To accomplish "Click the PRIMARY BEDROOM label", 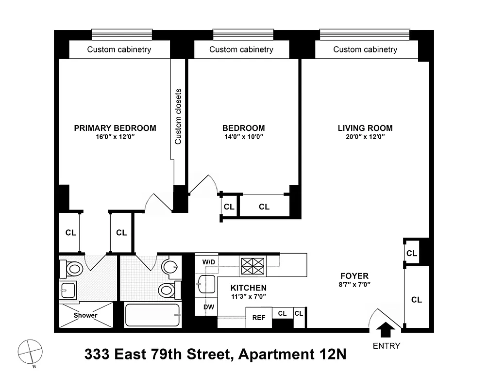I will click(115, 128).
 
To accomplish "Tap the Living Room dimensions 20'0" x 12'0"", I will click(365, 137).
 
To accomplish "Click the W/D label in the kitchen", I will click(209, 262).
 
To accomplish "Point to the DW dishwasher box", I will click(209, 307).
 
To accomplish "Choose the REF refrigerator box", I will click(259, 318).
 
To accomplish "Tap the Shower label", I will click(85, 315).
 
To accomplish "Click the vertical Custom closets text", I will click(178, 116).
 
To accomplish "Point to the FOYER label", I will click(355, 276).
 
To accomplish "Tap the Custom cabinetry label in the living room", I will click(365, 49).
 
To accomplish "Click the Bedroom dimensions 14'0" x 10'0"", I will click(243, 137).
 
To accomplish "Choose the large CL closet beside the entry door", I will click(416, 300).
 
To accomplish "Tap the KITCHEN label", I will click(248, 287).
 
